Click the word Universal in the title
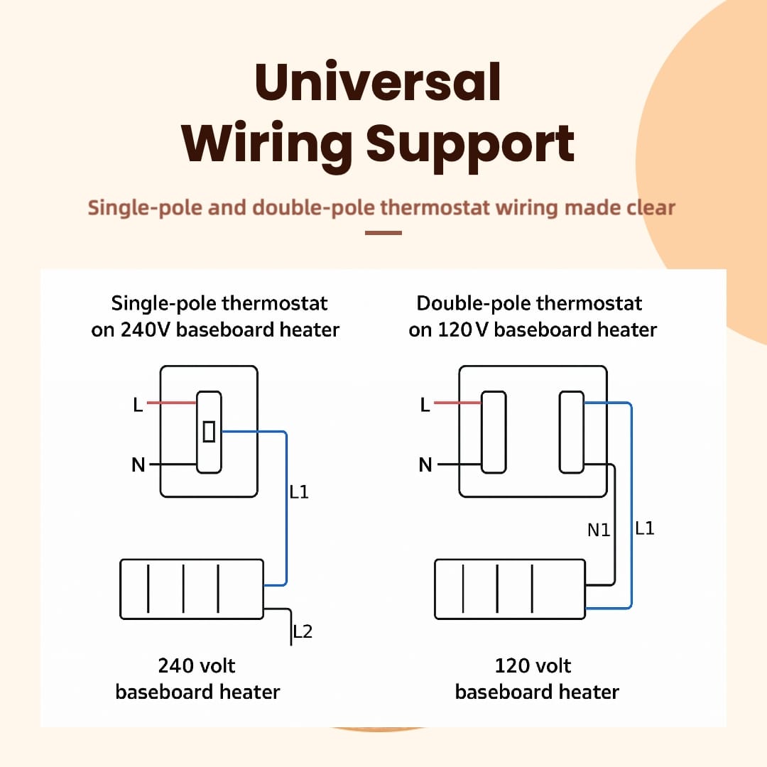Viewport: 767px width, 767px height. point(378,82)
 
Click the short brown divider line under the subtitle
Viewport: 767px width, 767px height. point(383,234)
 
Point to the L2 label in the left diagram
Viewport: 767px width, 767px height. point(303,631)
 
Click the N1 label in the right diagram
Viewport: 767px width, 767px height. point(599,531)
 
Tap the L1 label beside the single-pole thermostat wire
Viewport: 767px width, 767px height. point(299,491)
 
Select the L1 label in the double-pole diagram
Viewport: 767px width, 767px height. point(645,528)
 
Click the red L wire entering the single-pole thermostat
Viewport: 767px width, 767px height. point(172,403)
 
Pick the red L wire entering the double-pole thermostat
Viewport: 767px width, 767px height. point(457,403)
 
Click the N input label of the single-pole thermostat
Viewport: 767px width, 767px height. point(138,464)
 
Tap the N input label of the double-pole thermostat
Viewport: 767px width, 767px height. point(425,464)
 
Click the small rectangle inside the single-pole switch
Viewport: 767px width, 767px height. point(209,432)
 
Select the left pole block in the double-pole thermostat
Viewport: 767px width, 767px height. point(494,432)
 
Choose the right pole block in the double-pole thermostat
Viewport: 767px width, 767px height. point(571,432)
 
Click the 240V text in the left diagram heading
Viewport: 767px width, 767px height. point(146,330)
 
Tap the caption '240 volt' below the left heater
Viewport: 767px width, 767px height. point(197,665)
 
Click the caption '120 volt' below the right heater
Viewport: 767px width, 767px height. point(533,665)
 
